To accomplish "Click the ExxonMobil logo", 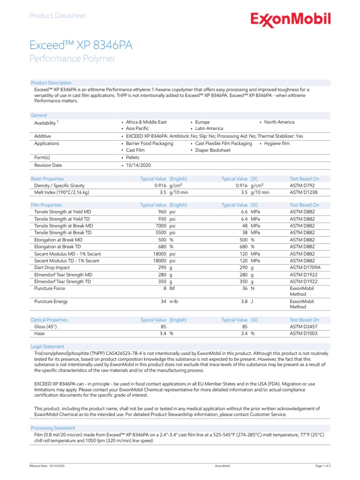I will [290, 19].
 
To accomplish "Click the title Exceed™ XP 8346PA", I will [81, 45].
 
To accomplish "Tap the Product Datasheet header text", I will [57, 15].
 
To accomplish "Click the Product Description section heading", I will [51, 83].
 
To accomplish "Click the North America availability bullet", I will [279, 122].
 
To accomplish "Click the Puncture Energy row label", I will [51, 301].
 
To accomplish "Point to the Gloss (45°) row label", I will [46, 327].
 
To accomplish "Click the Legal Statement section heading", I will [47, 346].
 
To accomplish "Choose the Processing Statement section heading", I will [52, 428].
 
